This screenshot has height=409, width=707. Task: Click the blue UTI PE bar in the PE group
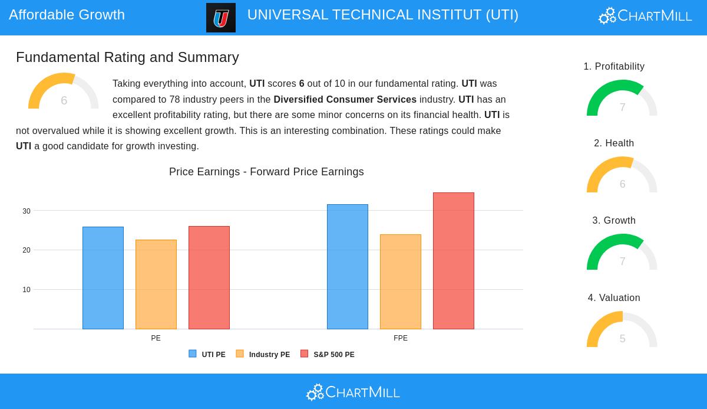tap(103, 278)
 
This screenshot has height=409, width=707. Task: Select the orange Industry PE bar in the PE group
tap(156, 284)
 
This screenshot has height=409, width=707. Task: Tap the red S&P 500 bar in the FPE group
tap(454, 261)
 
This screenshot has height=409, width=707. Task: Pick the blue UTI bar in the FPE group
tap(348, 267)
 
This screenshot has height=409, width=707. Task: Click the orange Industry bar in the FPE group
tap(401, 282)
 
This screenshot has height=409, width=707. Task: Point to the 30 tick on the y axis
tap(27, 211)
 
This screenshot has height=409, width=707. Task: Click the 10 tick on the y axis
tap(27, 290)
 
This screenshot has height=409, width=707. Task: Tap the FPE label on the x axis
tap(401, 338)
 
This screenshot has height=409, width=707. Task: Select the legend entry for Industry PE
tap(263, 355)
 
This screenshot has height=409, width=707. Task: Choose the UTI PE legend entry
tap(207, 355)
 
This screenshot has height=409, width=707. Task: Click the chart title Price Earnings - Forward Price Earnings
tap(266, 172)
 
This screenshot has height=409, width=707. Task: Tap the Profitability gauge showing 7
tap(622, 99)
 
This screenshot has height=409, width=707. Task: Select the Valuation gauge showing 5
tap(622, 331)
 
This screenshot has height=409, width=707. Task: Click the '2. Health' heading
tap(614, 143)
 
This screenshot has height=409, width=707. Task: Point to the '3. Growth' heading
tap(614, 221)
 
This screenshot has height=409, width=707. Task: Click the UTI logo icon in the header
tap(221, 18)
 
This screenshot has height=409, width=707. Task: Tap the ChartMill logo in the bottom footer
tap(353, 392)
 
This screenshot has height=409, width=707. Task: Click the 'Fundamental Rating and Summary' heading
tap(127, 57)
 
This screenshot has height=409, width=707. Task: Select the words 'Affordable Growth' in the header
tap(67, 15)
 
